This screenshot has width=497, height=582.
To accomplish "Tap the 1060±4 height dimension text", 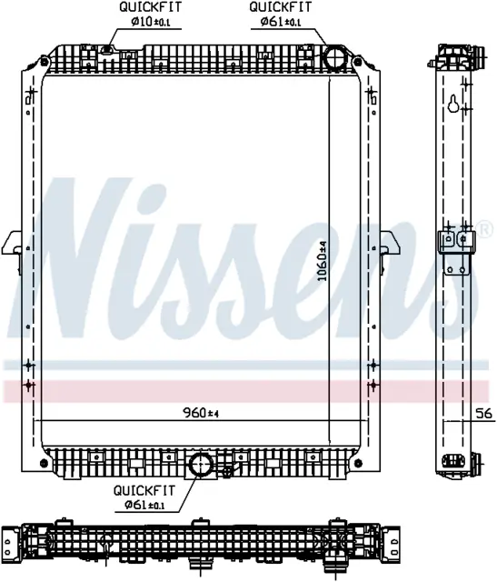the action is [323, 261].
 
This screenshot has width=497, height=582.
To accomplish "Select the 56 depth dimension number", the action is [484, 413].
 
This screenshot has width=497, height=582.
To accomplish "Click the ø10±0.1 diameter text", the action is [150, 22].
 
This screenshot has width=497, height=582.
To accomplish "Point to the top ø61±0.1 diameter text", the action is [281, 22].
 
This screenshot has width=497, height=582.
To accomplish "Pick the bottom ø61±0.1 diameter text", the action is [145, 505].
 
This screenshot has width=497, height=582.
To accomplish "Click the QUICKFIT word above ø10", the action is [150, 7].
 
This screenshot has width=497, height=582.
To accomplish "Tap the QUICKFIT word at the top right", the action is [281, 7].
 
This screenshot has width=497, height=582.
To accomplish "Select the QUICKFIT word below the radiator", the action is [144, 490].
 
